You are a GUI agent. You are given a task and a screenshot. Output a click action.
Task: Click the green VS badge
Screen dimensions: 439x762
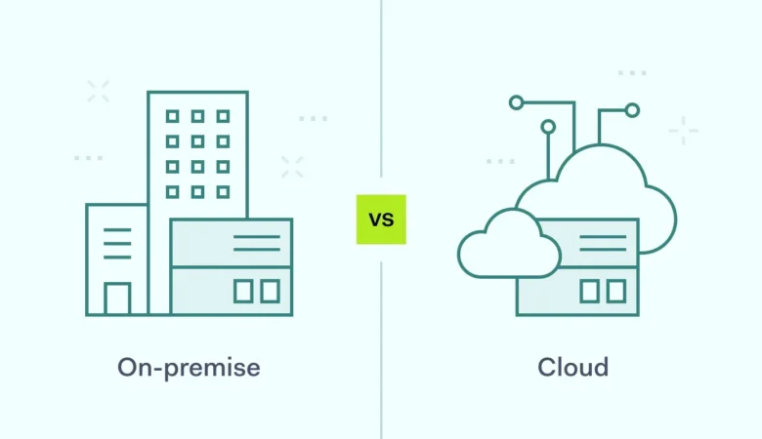tap(381, 219)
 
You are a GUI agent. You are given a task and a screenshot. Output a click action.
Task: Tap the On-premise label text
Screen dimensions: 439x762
tap(190, 368)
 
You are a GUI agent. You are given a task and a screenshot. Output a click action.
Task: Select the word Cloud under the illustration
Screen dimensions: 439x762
tap(572, 368)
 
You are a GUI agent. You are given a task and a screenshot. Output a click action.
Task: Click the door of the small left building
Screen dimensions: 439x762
tap(117, 299)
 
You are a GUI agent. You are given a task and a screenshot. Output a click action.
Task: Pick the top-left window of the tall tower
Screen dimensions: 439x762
tap(172, 116)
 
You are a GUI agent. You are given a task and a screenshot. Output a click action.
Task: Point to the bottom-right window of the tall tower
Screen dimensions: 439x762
tap(223, 192)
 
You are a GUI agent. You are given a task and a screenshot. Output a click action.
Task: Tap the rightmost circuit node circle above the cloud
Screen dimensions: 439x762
tap(632, 110)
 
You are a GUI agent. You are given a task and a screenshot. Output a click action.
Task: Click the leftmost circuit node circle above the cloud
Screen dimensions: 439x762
tap(516, 100)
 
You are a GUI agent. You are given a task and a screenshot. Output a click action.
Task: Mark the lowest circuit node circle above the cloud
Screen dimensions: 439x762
tap(548, 127)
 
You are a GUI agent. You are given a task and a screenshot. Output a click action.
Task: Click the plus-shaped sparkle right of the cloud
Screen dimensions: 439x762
tap(683, 131)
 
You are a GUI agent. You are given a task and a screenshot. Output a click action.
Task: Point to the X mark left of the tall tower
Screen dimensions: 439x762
tap(98, 92)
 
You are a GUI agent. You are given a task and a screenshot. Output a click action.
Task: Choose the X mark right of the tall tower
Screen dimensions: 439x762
tap(292, 167)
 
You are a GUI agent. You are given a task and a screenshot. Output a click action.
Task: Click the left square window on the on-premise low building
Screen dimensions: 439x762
tap(242, 291)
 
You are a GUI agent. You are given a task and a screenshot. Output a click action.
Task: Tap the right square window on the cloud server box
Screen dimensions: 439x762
tap(615, 291)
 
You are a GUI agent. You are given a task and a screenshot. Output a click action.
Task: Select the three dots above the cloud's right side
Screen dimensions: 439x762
tap(632, 73)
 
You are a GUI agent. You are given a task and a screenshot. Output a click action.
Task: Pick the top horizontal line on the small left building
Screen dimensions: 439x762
tap(117, 230)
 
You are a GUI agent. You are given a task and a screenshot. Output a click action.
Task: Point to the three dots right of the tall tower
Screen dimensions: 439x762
tap(313, 118)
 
